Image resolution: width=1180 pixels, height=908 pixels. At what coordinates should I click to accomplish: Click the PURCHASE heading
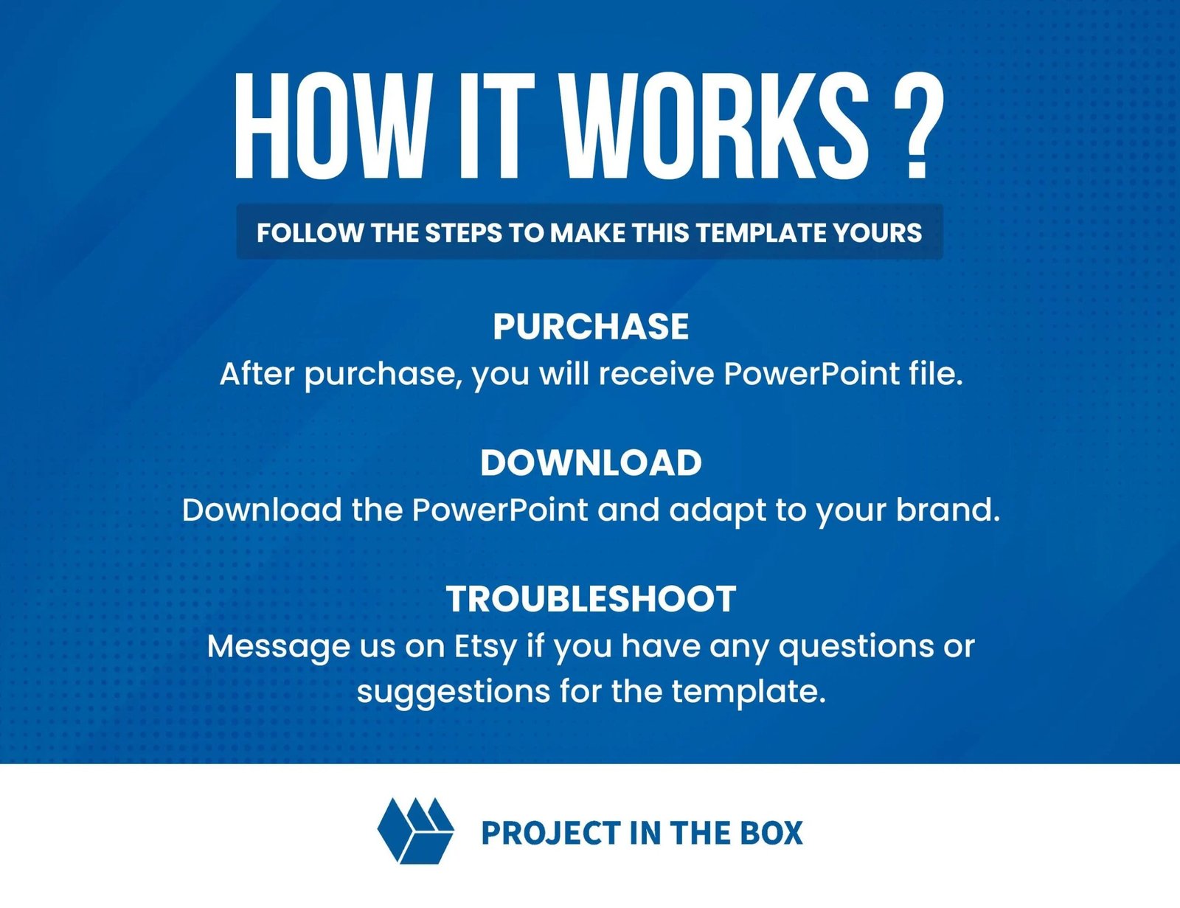[x=591, y=327]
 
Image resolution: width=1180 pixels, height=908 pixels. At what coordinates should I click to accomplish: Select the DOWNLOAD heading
[x=591, y=463]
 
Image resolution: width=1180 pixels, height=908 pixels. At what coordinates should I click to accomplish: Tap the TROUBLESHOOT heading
[x=591, y=599]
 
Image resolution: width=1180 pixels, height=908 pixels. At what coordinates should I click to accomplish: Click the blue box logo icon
[x=415, y=831]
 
